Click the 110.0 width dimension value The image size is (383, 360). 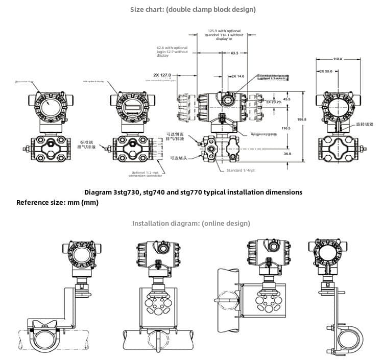pyautogui.click(x=338, y=59)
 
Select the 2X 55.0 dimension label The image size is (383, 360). pyautogui.click(x=325, y=71)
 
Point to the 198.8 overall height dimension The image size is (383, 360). pyautogui.click(x=302, y=119)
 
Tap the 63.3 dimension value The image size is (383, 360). pyautogui.click(x=234, y=53)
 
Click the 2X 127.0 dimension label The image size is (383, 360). pyautogui.click(x=162, y=75)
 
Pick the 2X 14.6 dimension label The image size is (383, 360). pyautogui.click(x=238, y=76)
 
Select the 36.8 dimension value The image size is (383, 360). pyautogui.click(x=287, y=153)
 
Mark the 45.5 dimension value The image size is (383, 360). pyautogui.click(x=286, y=99)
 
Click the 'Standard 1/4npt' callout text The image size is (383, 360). pyautogui.click(x=241, y=170)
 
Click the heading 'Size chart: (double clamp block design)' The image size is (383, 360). pyautogui.click(x=193, y=9)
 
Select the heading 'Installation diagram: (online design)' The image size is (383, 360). pyautogui.click(x=191, y=223)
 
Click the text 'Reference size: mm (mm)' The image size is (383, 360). pyautogui.click(x=57, y=202)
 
